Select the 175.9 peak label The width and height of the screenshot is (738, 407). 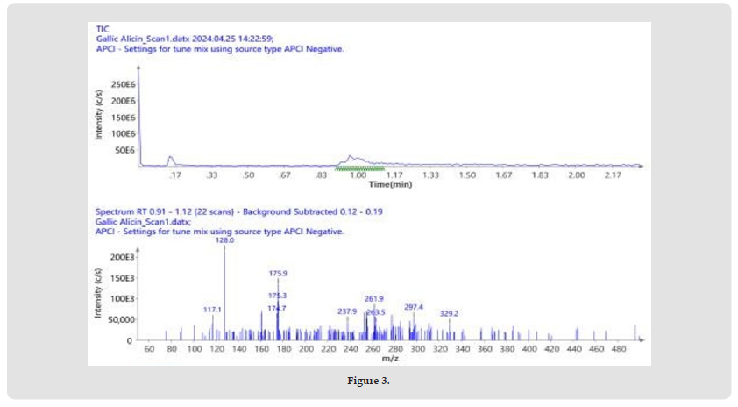[278, 273]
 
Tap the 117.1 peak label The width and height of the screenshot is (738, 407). [212, 309]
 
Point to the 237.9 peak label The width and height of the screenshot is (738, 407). [347, 311]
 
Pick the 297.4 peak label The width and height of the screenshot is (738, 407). [414, 307]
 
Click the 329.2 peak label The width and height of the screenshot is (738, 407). [449, 312]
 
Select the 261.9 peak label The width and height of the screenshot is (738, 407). [375, 298]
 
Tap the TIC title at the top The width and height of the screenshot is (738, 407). [103, 29]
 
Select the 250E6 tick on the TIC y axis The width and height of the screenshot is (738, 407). [122, 85]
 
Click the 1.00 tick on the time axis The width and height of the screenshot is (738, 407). [358, 175]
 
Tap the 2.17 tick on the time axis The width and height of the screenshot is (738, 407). [613, 175]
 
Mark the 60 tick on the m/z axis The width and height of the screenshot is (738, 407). [150, 348]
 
